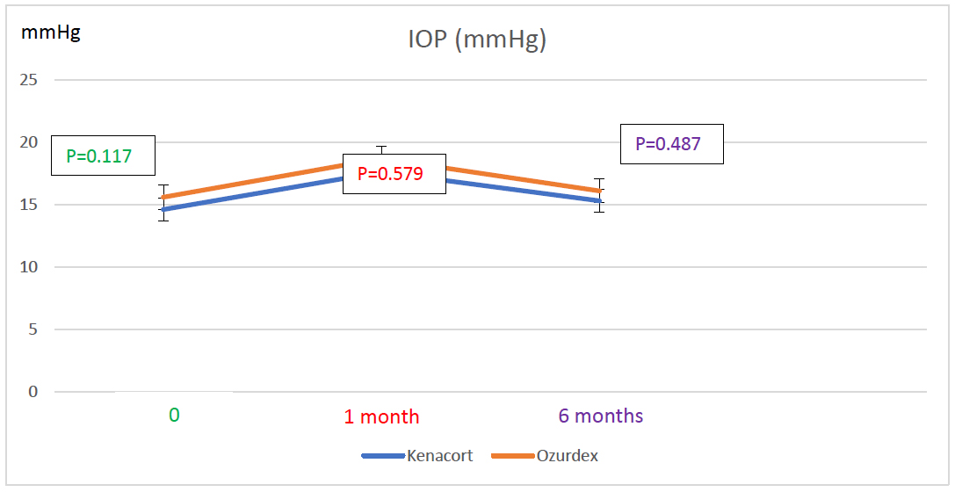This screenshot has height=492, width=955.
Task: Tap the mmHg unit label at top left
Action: tap(51, 34)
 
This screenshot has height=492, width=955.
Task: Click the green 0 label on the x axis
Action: tap(174, 415)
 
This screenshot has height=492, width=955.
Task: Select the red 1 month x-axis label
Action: tap(381, 416)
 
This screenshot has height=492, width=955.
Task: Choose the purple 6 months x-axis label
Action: tap(601, 416)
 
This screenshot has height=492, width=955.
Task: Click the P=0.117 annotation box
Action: tap(103, 156)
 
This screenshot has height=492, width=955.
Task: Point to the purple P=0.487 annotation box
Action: tap(671, 143)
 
